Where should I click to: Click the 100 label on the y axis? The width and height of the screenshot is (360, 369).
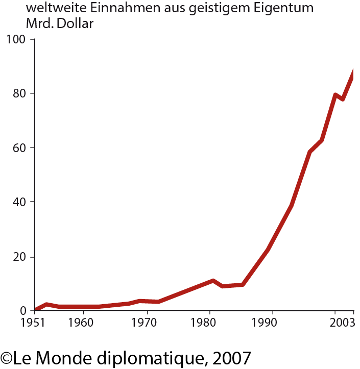coord(17,39)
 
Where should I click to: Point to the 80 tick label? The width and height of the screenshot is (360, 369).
coord(19,93)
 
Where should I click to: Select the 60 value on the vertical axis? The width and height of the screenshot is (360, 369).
coord(19,147)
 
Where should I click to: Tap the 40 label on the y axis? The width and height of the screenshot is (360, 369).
coord(19,202)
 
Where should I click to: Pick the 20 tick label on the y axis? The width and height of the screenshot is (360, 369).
coord(19,256)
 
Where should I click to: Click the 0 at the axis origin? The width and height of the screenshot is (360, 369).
coord(23,310)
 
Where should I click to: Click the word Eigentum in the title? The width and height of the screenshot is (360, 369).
coord(285,9)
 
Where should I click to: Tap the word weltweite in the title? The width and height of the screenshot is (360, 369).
coord(54,9)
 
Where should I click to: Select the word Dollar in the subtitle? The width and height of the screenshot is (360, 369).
coord(76,23)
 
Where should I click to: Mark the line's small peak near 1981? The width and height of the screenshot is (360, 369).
coord(212,281)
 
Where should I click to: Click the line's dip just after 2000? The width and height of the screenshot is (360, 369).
coord(342,98)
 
